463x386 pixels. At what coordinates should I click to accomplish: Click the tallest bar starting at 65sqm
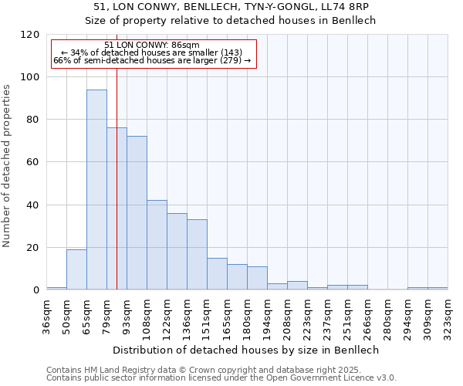96,190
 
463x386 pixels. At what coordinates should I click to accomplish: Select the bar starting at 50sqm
76,269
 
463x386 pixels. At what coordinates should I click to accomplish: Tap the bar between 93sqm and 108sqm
137,213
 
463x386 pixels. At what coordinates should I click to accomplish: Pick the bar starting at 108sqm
157,245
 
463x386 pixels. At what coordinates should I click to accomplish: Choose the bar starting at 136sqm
197,255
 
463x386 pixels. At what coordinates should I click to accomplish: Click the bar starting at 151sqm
217,274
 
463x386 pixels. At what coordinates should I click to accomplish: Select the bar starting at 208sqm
297,286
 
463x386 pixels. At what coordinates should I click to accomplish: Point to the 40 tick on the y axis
34,205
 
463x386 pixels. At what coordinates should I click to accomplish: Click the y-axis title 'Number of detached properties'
7,166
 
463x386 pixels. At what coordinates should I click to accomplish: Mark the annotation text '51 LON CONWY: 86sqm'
151,45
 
